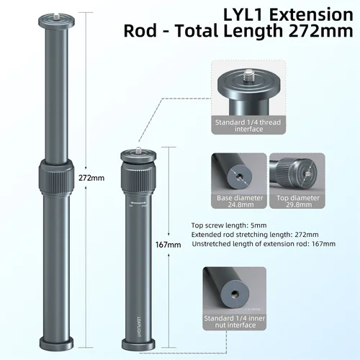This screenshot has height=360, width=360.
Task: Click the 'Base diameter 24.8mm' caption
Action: pos(239,200)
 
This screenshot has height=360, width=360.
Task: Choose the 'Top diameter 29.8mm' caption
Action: pos(297,200)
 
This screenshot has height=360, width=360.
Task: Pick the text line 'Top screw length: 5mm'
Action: pos(225,224)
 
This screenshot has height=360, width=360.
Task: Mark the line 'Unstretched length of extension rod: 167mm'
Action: pos(264,244)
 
